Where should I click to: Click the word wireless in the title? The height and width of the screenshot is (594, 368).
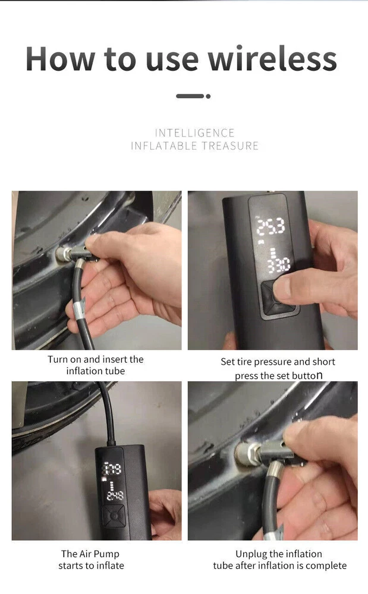[272, 59]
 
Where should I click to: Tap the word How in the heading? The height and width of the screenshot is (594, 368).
[60, 59]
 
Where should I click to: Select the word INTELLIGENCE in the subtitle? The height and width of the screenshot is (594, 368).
[195, 133]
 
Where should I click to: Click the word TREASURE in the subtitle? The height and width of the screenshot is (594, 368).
[230, 146]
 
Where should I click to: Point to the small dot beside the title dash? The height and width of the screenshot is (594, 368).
[208, 96]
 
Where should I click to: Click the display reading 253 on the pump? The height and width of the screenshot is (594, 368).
[271, 227]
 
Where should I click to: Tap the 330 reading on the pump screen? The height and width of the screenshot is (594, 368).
[279, 264]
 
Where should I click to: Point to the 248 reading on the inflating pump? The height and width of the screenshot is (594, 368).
[115, 495]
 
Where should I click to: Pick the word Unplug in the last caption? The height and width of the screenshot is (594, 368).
[251, 554]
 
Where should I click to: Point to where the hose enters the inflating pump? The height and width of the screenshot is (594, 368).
[111, 443]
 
